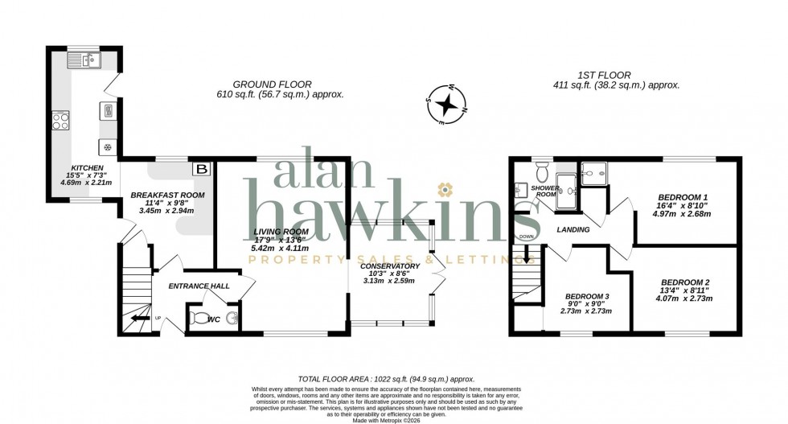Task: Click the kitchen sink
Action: [83, 59]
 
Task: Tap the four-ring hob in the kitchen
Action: [61, 121]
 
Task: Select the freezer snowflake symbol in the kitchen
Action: [107, 146]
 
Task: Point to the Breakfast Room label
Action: [168, 196]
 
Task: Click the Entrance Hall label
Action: [199, 286]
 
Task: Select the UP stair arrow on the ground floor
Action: [142, 319]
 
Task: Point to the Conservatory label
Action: [390, 266]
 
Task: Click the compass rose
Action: [451, 105]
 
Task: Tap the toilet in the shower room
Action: [542, 171]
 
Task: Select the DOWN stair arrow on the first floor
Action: [527, 256]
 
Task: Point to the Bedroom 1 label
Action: [683, 197]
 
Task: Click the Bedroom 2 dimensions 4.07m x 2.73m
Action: [686, 298]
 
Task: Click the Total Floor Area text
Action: [386, 378]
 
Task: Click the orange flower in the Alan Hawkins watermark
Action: [442, 191]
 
